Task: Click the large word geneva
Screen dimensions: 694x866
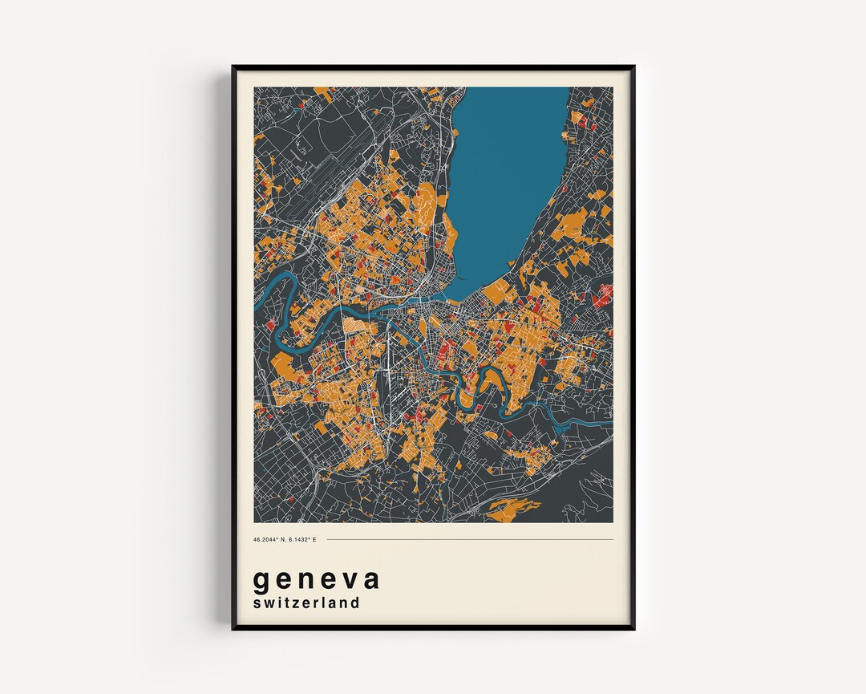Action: coord(317,579)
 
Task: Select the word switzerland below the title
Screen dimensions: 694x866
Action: coord(306,603)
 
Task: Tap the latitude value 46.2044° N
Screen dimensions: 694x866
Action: coord(269,539)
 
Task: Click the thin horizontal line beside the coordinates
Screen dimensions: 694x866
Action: coord(469,539)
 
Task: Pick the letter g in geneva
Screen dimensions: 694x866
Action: coord(261,581)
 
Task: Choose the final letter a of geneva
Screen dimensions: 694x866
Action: coord(370,579)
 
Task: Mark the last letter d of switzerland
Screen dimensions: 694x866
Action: coord(354,602)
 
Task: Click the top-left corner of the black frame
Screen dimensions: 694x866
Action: coord(233,67)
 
